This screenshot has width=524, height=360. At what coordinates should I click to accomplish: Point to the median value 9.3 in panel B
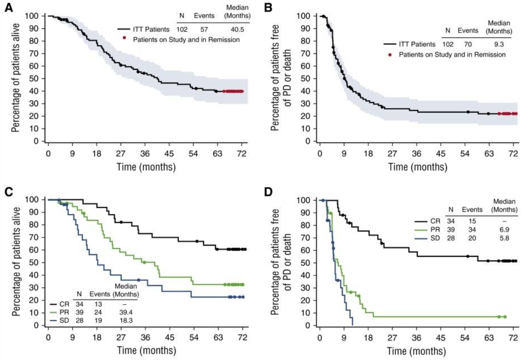click(499, 44)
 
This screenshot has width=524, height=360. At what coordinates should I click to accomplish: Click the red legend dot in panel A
click(124, 39)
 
